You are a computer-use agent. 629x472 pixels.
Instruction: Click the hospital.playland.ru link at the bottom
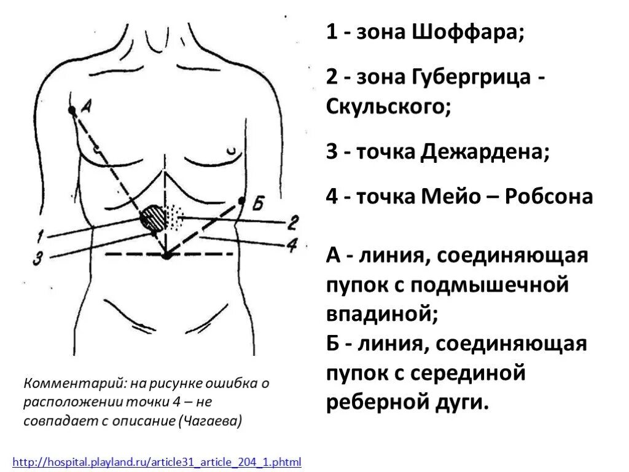[157, 461]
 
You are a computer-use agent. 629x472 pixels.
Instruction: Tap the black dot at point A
[72, 110]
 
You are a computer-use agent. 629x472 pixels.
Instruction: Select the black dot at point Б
[241, 200]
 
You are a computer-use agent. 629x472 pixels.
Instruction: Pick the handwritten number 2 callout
[293, 221]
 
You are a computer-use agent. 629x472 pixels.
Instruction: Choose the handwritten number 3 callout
[37, 259]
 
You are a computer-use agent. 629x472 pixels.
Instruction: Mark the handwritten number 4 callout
[292, 245]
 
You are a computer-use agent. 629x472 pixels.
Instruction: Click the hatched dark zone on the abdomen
[152, 219]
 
